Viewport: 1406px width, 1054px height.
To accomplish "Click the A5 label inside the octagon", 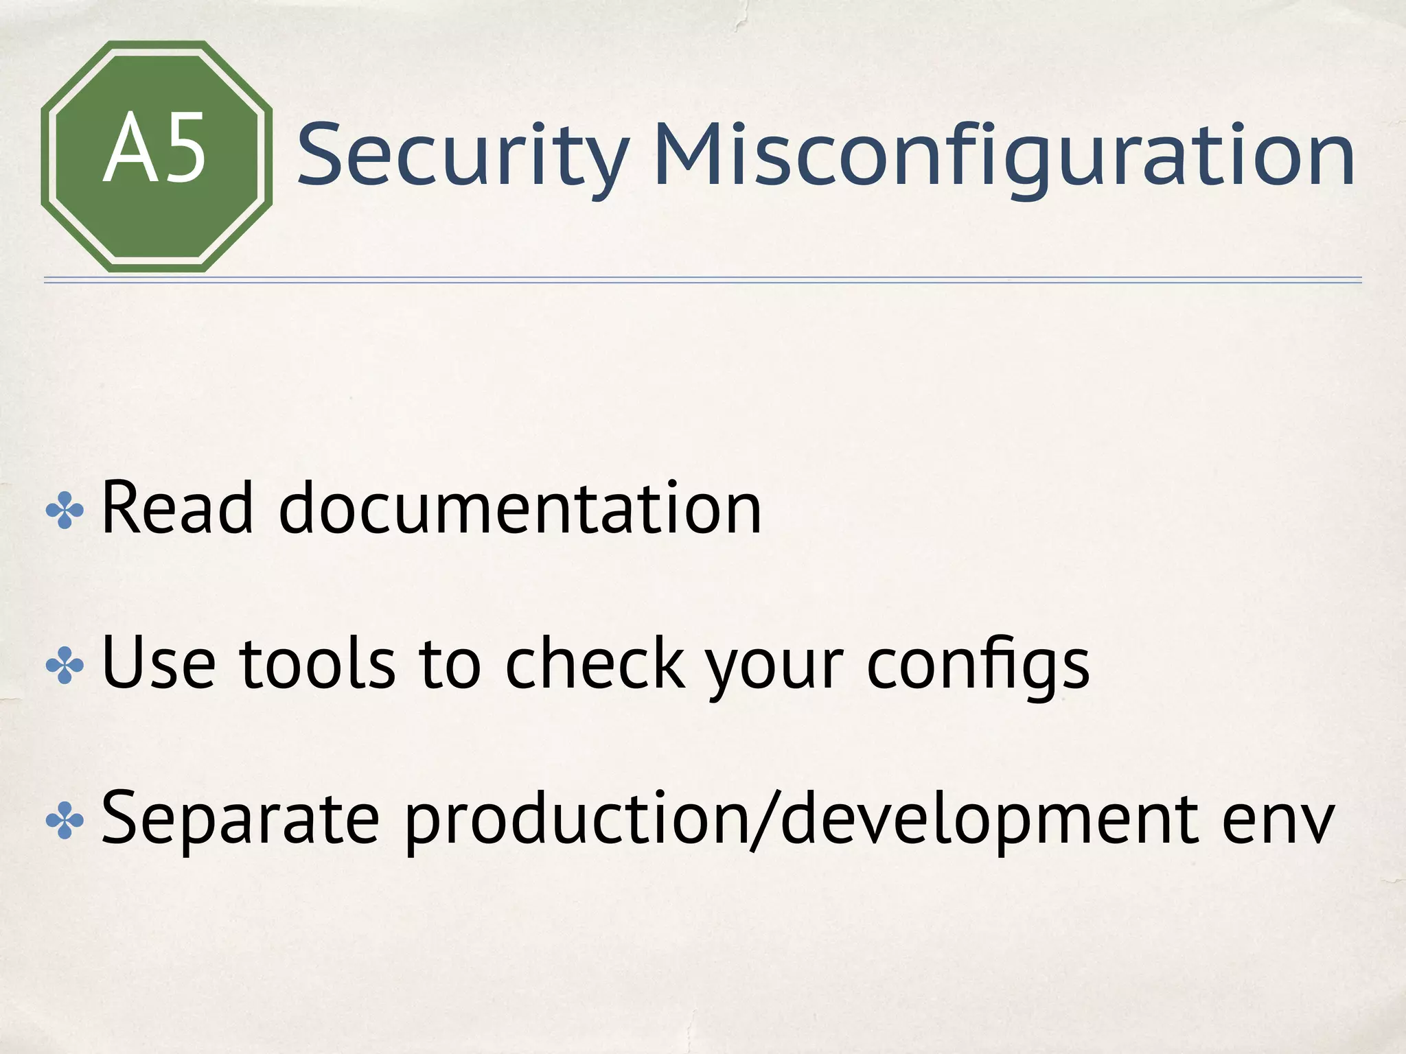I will point(155,150).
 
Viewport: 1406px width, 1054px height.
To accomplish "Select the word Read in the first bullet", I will point(178,509).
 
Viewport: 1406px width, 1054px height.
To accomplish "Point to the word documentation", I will point(520,509).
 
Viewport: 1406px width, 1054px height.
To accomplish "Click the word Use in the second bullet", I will point(159,664).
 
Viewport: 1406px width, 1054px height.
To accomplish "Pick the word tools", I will point(317,664).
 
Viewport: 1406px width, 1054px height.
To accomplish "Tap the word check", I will point(595,664).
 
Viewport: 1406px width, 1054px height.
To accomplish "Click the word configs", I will point(978,664).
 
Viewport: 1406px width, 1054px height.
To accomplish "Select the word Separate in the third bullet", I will point(240,818).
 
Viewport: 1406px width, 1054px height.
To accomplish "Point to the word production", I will point(575,819).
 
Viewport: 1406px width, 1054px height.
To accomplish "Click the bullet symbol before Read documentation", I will point(65,511).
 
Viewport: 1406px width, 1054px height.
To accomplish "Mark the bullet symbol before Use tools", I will point(65,666).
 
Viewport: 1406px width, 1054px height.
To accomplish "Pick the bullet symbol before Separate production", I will point(65,820).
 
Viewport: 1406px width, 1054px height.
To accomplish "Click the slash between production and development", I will point(764,819).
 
